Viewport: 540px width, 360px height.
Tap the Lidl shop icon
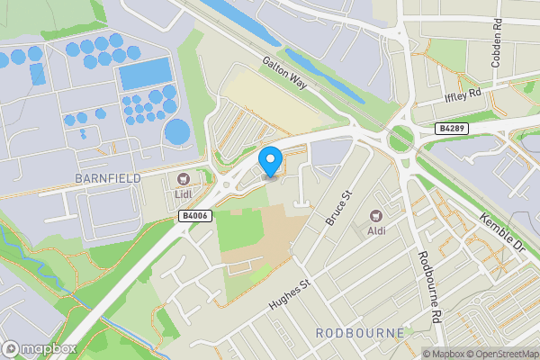point(184,178)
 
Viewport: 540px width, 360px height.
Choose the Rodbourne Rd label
point(429,287)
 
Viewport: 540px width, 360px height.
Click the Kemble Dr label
point(502,232)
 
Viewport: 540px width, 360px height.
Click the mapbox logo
point(38,348)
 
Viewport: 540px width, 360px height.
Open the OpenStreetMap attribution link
point(502,354)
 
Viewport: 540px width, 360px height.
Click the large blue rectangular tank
point(145,73)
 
